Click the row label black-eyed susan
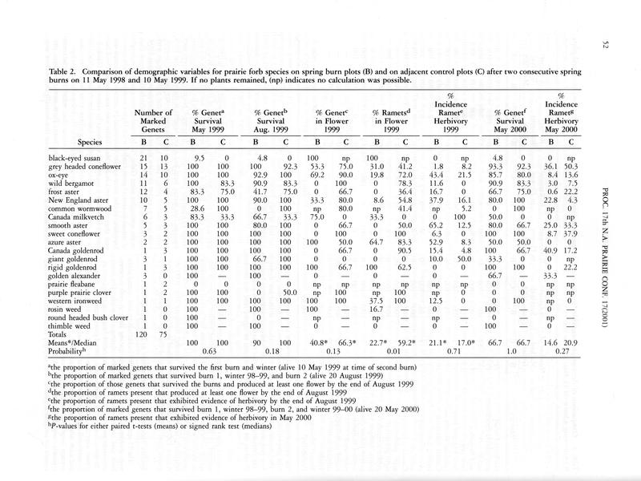click(75, 158)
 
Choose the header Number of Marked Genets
click(154, 120)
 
